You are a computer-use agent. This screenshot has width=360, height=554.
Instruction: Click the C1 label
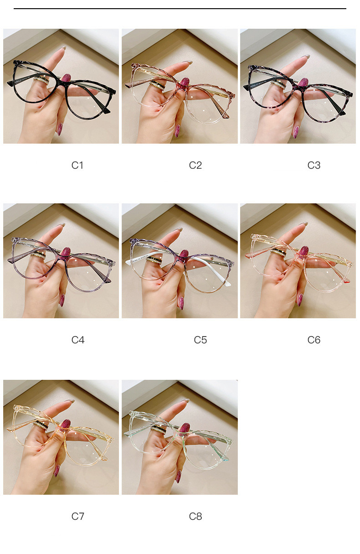[77, 165]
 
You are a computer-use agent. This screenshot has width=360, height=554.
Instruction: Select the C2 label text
[195, 165]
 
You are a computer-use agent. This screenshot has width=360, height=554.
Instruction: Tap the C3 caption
[314, 165]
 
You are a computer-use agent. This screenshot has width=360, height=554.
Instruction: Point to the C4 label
[78, 340]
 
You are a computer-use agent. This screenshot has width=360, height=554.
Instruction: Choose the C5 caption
[200, 340]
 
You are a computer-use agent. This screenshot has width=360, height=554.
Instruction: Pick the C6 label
[314, 340]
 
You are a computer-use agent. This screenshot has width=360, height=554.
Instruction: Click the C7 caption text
[77, 516]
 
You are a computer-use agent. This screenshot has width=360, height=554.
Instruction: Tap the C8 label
[195, 516]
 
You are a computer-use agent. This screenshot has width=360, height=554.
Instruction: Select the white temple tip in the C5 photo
[228, 283]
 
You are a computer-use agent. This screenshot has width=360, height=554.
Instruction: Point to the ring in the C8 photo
[159, 430]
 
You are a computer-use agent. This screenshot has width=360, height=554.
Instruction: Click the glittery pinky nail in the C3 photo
[296, 132]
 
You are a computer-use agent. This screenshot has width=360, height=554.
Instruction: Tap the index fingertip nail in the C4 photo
[62, 225]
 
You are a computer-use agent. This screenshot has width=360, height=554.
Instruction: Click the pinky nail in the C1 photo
[60, 129]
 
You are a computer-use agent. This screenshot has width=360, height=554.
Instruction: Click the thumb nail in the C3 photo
[303, 83]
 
